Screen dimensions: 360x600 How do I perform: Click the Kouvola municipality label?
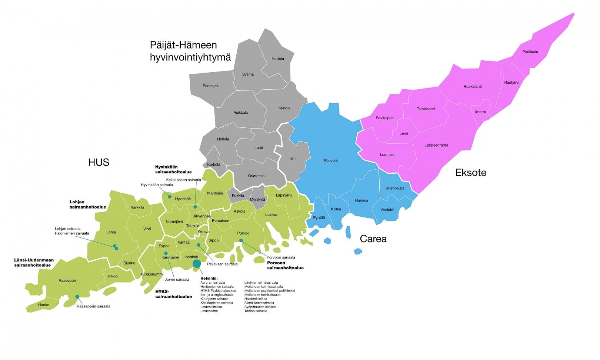point(330,160)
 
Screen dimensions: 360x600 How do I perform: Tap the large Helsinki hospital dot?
point(197,263)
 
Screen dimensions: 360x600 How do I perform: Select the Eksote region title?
point(471,173)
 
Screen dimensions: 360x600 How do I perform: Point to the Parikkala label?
point(530,52)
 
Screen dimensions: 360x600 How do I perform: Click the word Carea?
point(373,239)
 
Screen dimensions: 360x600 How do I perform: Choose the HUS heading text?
point(99,162)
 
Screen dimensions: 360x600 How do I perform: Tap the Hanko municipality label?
point(43,305)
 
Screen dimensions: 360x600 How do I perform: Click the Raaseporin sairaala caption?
point(93,306)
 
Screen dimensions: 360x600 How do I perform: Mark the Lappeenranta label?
point(436,145)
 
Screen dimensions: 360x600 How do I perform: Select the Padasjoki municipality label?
point(211,86)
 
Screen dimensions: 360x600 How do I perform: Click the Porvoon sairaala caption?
point(281,257)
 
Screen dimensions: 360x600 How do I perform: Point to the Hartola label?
point(277,59)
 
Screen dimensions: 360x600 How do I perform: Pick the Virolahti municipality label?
point(387,210)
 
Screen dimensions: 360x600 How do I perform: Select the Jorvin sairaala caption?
point(177,280)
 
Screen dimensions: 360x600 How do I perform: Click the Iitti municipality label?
point(293,159)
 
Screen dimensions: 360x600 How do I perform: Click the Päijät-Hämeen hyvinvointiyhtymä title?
point(190,51)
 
